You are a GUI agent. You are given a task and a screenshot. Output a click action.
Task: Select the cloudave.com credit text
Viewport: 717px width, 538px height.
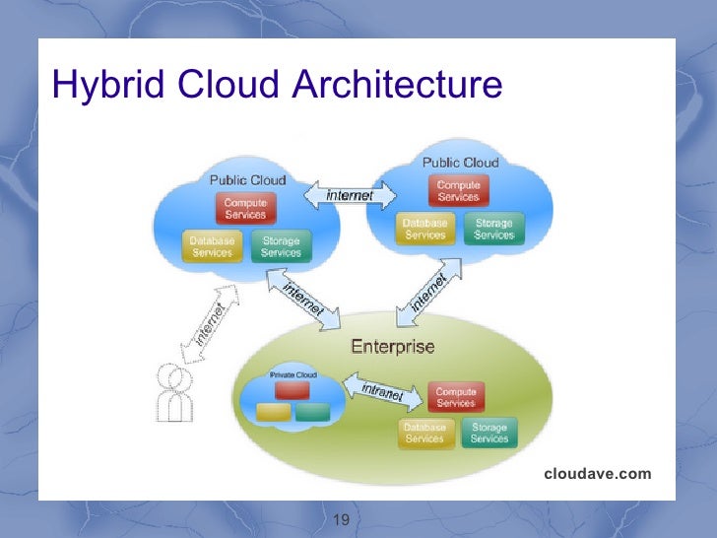[x=597, y=474]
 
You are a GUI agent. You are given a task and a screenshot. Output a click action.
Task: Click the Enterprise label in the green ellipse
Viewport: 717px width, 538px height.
[x=392, y=347]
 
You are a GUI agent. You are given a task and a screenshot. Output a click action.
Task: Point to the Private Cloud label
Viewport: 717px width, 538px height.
[x=292, y=375]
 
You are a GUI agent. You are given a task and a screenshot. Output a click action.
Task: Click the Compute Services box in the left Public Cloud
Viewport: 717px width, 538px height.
[x=245, y=208]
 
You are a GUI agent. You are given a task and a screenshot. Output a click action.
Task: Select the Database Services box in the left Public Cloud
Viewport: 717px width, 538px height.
[x=212, y=246]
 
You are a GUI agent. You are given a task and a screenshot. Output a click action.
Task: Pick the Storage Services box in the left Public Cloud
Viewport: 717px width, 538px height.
[x=281, y=246]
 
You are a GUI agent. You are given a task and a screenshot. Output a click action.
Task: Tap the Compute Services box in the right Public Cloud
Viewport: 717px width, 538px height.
[x=458, y=190]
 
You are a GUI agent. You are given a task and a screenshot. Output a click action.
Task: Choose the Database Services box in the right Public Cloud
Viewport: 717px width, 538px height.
[x=425, y=230]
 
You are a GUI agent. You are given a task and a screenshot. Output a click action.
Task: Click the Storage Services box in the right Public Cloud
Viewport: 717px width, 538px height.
[x=493, y=230]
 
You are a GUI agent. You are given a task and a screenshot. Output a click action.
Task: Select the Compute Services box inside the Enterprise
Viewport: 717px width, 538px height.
[x=456, y=397]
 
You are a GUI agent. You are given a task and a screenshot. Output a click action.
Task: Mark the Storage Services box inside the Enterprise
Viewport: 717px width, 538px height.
[x=489, y=433]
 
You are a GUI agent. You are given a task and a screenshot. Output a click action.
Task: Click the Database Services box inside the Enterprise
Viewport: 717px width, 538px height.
[x=424, y=433]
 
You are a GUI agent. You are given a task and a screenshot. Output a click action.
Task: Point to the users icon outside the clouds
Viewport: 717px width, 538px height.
[x=174, y=393]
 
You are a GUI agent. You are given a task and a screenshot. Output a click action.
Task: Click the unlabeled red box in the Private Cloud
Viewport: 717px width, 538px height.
[x=292, y=390]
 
